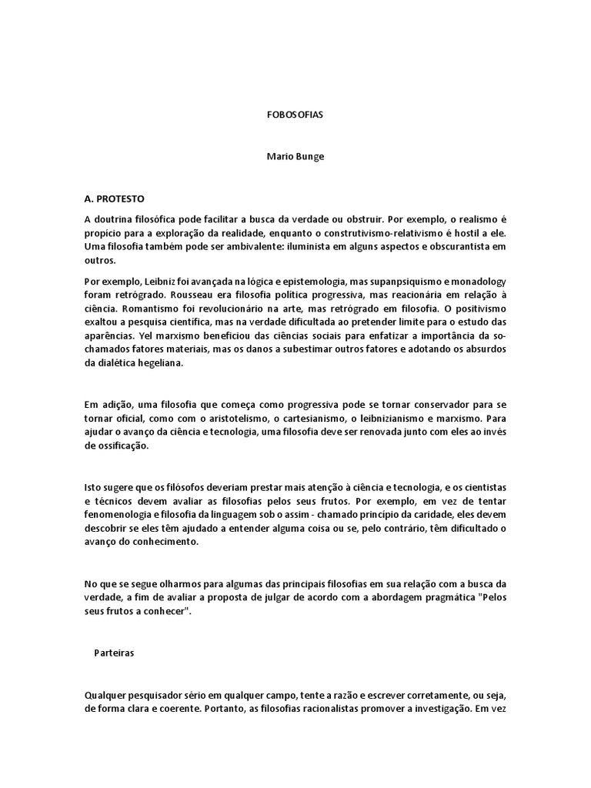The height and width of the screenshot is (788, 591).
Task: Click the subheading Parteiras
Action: pyautogui.click(x=115, y=652)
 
